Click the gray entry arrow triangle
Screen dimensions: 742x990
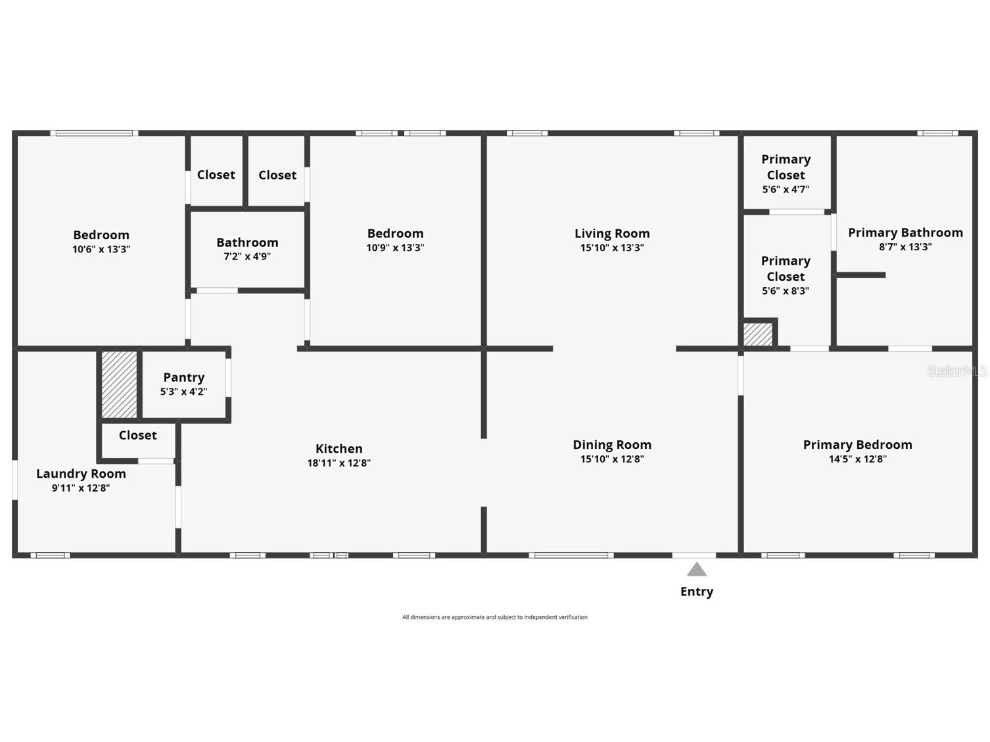point(696,570)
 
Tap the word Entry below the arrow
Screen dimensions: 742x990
point(696,591)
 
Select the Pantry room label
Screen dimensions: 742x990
point(183,377)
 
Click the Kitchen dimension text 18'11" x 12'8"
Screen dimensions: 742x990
point(339,463)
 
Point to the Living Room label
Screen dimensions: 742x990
point(611,233)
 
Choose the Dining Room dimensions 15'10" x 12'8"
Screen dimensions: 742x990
point(611,459)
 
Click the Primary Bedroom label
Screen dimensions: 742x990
point(857,445)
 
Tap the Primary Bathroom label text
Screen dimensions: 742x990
point(905,233)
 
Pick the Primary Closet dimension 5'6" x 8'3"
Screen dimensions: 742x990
point(786,290)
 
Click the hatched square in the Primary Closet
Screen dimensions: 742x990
point(758,334)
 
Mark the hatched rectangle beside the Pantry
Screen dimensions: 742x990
point(120,384)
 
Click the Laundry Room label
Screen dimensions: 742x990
point(81,474)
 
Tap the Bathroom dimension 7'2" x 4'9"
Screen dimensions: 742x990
point(247,256)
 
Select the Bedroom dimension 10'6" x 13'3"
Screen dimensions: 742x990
point(101,249)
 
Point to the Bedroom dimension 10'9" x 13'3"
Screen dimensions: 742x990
point(395,248)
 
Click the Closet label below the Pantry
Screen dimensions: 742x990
point(137,435)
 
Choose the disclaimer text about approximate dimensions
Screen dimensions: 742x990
point(494,617)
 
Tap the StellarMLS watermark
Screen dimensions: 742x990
point(956,371)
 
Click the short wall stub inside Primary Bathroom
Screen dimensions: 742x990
point(861,275)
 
